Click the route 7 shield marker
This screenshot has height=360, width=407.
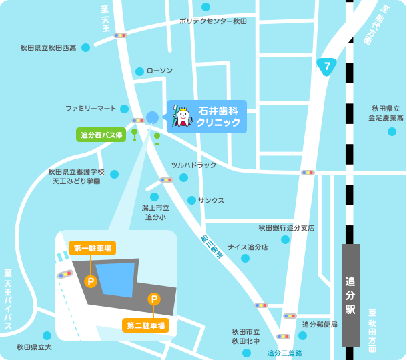click(326, 67)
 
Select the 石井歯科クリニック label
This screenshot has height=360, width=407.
click(218, 117)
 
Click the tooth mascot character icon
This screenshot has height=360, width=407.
click(182, 117)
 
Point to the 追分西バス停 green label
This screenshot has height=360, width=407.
click(101, 135)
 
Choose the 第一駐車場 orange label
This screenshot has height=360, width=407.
click(92, 248)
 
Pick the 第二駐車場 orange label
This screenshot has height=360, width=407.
click(145, 325)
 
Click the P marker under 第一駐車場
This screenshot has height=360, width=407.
click(91, 281)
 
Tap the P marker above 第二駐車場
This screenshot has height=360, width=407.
click(154, 299)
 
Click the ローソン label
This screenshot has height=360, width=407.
click(159, 71)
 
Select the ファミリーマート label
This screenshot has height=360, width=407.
click(91, 108)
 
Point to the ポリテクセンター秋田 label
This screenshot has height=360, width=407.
click(213, 21)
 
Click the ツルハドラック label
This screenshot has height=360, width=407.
click(193, 165)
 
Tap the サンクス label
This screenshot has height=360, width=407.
click(211, 200)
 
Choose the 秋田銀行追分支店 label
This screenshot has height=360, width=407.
click(286, 228)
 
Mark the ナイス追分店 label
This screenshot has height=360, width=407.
click(248, 247)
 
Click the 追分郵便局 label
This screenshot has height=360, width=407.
click(320, 325)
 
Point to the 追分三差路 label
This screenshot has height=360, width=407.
click(284, 353)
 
